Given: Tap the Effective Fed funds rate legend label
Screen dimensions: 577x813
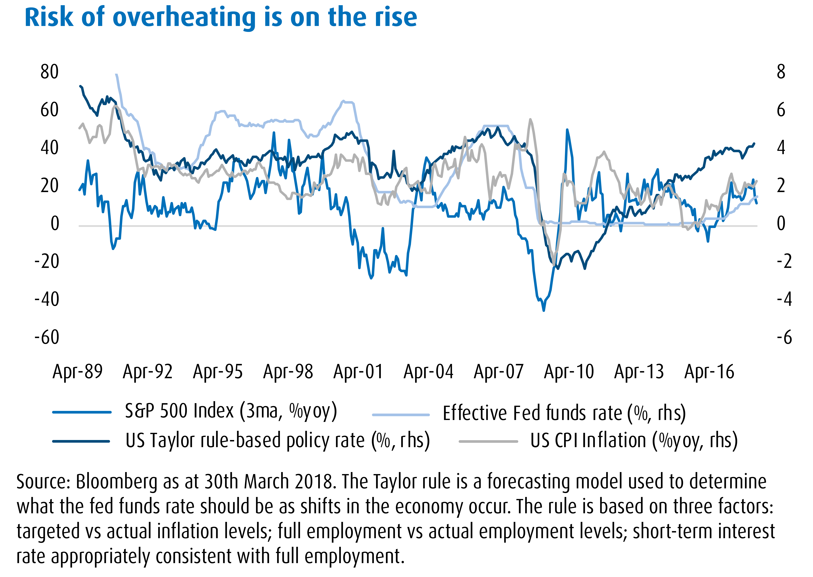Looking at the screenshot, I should (x=564, y=413).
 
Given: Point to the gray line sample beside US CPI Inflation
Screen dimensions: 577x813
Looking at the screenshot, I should (x=488, y=441).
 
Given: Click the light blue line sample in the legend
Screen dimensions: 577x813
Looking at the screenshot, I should (x=401, y=414).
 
